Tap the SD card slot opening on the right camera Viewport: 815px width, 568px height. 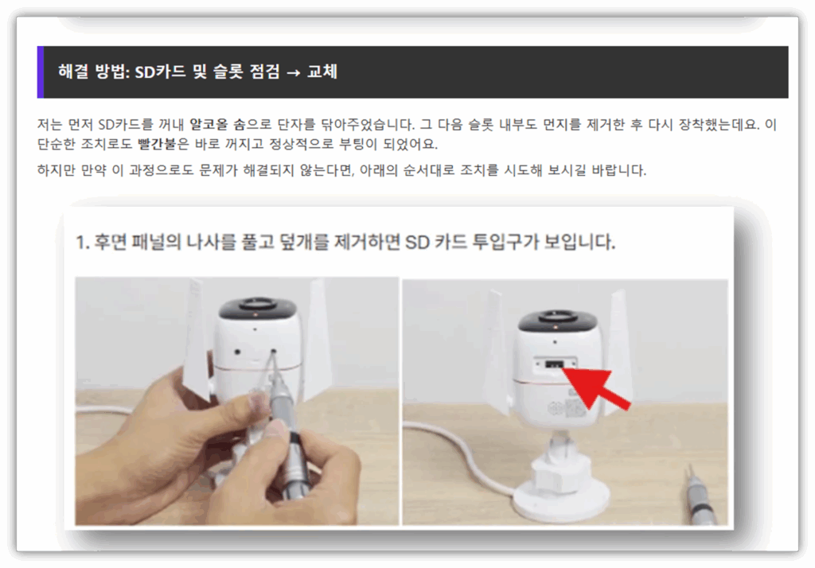(555, 364)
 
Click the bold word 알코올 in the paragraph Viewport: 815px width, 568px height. (209, 125)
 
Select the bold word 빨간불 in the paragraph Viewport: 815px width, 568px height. (157, 144)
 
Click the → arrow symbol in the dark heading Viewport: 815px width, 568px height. (293, 72)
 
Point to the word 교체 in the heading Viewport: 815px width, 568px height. (322, 71)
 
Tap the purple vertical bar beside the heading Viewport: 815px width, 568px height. (41, 72)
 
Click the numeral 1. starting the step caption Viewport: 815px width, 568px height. (83, 242)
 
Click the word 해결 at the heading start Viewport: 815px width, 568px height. (73, 71)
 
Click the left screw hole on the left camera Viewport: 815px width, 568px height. (237, 352)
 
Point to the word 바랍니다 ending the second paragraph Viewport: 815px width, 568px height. (618, 170)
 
